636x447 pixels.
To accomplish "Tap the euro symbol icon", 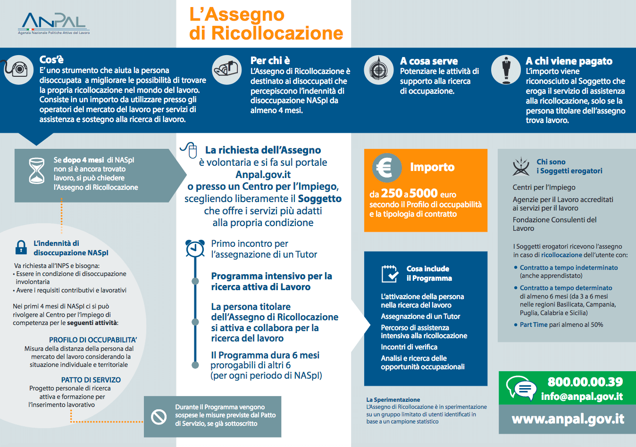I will [x=386, y=168].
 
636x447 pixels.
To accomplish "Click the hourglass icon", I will [x=37, y=171].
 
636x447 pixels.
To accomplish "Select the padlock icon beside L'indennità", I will [x=21, y=247].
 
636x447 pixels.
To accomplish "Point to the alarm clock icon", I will [x=195, y=248].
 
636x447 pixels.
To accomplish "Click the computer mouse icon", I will [x=190, y=150].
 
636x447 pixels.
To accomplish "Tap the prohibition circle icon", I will [x=159, y=416].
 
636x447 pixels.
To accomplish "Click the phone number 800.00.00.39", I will [x=585, y=382].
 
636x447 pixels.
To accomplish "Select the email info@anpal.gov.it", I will [x=582, y=397].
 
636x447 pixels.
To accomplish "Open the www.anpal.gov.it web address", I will [x=568, y=419].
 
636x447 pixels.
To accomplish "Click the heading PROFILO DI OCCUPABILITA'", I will [x=93, y=340].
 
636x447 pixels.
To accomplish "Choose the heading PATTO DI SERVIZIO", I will [x=91, y=380].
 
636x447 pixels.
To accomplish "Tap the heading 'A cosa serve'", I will [x=428, y=61].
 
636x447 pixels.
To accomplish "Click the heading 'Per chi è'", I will [x=270, y=60].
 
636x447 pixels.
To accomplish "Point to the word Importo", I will [x=432, y=167].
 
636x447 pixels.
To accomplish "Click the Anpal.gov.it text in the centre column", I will [x=263, y=175].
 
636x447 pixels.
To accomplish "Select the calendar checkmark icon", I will [x=390, y=273].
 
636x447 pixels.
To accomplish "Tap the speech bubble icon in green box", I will [x=521, y=388].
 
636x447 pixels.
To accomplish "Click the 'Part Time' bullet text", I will [x=534, y=325].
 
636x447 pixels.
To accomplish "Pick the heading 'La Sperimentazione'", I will [x=393, y=399].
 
